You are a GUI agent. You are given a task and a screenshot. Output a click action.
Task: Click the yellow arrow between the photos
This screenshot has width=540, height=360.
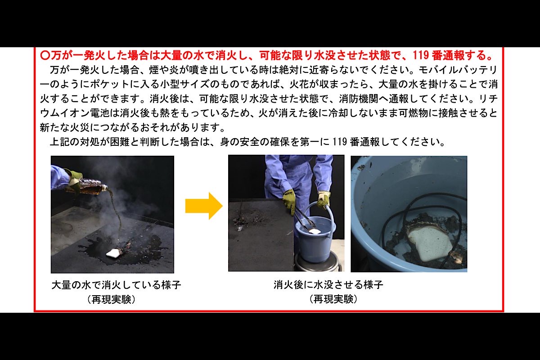coord(203,206)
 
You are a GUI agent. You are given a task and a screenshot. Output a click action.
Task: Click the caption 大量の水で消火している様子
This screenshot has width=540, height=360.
coord(116,285)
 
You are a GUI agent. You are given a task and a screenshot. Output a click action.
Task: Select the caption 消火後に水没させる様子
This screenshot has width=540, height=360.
coord(328,285)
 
